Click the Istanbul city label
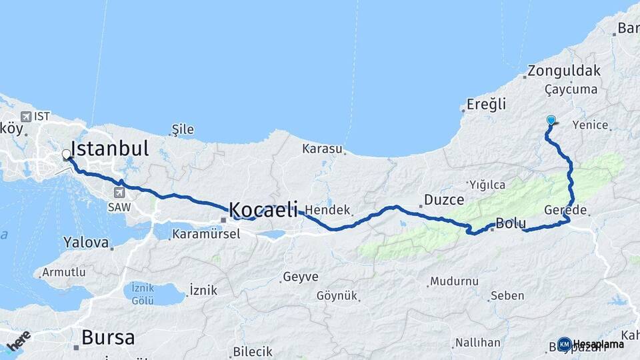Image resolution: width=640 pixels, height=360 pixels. (x=109, y=148)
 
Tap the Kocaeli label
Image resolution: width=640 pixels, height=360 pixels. (x=263, y=210)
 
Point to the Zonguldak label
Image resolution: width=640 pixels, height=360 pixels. (x=563, y=71)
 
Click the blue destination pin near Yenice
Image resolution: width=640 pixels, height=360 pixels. (x=551, y=121)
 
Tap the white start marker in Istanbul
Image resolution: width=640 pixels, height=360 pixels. (x=66, y=155)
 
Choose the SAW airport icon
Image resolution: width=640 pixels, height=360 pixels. (x=119, y=193)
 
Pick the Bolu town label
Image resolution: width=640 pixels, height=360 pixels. (x=511, y=223)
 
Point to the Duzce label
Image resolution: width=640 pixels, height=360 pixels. (x=445, y=199)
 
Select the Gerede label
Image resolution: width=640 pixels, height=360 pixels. (x=565, y=209)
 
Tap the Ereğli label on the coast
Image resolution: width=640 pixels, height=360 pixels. (x=486, y=104)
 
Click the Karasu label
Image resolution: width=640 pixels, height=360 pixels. (x=322, y=148)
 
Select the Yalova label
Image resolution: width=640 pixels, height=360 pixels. (x=86, y=242)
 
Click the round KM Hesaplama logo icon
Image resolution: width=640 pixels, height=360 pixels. (x=564, y=344)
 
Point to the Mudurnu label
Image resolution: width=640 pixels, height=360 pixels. (x=454, y=281)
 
